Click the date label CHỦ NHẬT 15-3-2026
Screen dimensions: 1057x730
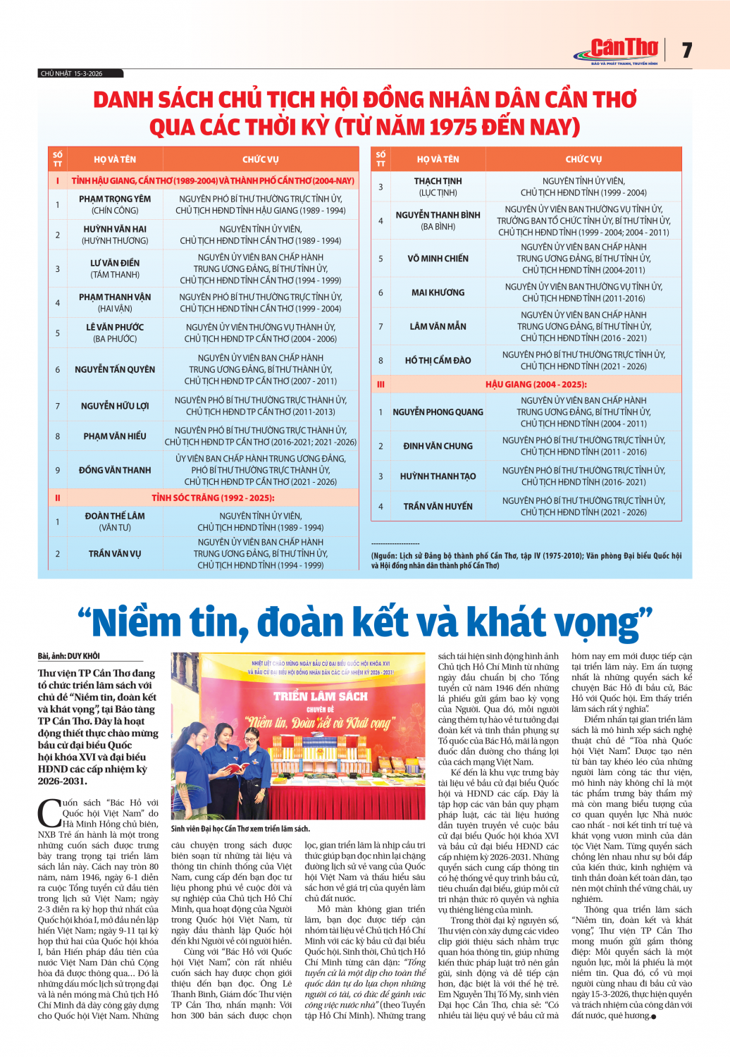[72, 73]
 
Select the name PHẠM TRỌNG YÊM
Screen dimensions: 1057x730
[115, 199]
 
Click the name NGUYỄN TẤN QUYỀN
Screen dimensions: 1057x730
[115, 369]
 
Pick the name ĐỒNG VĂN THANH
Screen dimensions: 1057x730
[115, 470]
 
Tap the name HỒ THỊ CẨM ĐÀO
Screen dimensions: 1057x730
[438, 360]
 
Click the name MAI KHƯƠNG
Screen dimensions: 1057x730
[438, 292]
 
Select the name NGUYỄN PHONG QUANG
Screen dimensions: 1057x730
[438, 412]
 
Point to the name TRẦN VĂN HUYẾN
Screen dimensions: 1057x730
[438, 506]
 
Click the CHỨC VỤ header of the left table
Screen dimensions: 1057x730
[260, 159]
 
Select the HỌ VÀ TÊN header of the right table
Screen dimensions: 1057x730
[438, 159]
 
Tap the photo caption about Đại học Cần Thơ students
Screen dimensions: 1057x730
[240, 829]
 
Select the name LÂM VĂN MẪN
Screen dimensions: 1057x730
[438, 326]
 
